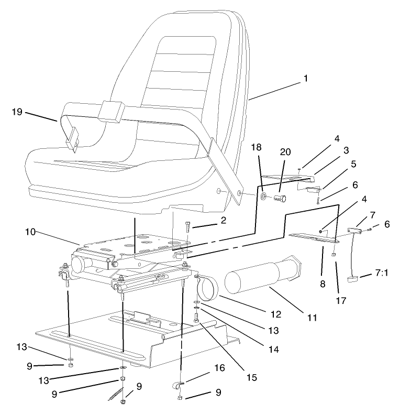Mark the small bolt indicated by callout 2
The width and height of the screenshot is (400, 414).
[x=188, y=227]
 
